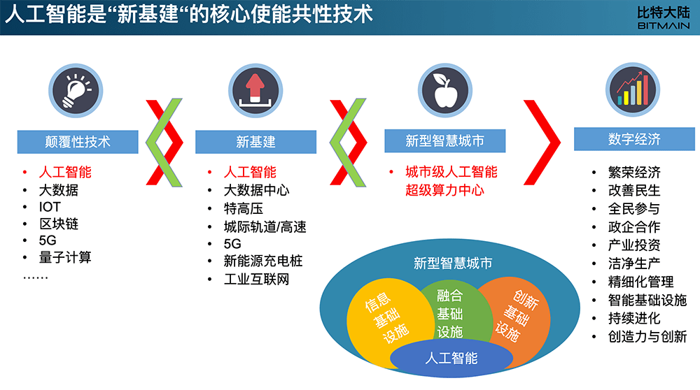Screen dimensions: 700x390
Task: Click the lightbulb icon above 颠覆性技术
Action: click(x=76, y=90)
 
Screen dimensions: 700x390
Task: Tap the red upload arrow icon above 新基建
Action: click(x=255, y=90)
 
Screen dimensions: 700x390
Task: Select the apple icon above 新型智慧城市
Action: click(x=445, y=90)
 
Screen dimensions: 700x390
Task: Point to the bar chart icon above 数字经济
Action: click(x=633, y=89)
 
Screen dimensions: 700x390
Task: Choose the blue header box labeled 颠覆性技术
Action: click(x=78, y=142)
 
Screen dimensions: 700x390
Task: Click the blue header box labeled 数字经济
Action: click(x=634, y=139)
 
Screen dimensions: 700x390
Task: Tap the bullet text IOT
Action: click(x=50, y=207)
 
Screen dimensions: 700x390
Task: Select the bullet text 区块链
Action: click(x=59, y=224)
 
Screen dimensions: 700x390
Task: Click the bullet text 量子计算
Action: click(x=65, y=257)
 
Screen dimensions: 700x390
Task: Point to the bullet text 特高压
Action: click(x=244, y=208)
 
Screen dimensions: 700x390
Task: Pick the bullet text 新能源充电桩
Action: click(x=263, y=261)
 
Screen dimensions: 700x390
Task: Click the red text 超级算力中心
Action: click(x=444, y=190)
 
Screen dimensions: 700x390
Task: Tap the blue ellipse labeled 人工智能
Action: click(x=451, y=359)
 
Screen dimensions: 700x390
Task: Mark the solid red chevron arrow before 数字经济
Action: click(x=545, y=142)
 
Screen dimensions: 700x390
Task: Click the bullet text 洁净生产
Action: click(x=634, y=263)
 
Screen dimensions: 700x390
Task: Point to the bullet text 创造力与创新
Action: click(x=647, y=336)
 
